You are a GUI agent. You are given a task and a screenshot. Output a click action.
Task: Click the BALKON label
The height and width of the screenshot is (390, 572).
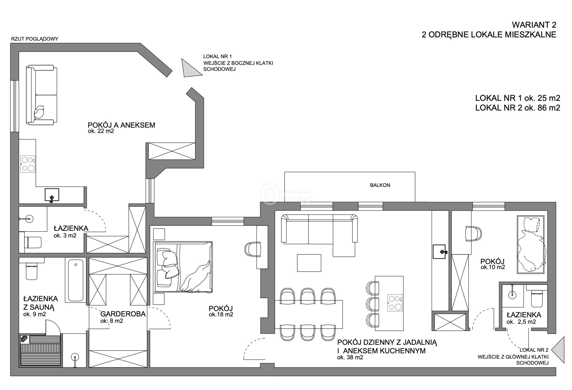[380, 185]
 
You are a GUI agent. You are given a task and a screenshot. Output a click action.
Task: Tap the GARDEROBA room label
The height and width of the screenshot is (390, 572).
[123, 314]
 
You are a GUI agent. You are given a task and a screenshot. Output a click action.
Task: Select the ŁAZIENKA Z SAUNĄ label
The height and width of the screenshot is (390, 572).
[41, 303]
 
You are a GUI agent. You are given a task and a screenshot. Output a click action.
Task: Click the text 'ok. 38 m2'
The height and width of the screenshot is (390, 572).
[350, 357]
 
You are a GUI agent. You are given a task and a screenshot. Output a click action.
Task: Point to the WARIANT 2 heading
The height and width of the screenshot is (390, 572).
[534, 25]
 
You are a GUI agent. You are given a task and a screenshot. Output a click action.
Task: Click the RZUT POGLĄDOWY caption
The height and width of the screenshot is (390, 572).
[35, 39]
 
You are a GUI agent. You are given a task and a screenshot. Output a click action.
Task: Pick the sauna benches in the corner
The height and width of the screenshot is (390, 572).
[40, 351]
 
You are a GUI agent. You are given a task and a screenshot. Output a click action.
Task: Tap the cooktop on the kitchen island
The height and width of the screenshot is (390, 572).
[395, 303]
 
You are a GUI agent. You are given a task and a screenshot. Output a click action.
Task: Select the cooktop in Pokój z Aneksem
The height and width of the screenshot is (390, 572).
[28, 164]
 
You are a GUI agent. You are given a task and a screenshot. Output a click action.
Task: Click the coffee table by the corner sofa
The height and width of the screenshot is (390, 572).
[309, 263]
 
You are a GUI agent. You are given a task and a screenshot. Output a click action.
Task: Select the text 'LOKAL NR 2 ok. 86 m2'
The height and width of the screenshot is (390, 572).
[518, 108]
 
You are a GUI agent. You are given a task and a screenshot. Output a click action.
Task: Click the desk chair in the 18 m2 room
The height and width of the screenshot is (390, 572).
[253, 249]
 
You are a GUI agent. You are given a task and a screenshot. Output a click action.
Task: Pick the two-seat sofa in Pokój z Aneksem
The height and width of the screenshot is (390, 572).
[41, 95]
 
